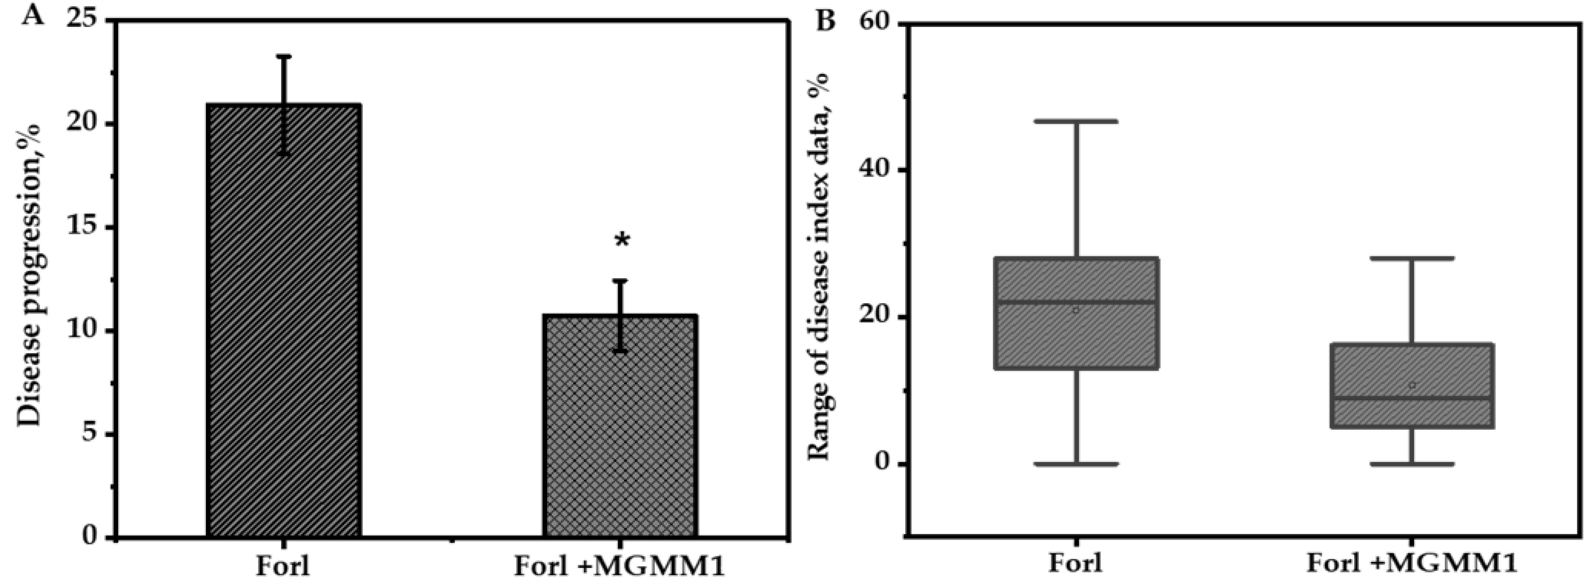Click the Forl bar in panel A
[x=284, y=322]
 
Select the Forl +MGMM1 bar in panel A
[x=621, y=427]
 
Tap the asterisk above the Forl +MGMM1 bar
[x=622, y=240]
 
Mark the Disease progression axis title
[x=29, y=276]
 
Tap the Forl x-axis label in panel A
[x=283, y=566]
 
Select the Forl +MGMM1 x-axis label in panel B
[x=1412, y=564]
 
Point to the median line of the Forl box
[x=1076, y=302]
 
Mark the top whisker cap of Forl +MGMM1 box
[x=1412, y=258]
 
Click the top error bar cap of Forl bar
[x=283, y=57]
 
